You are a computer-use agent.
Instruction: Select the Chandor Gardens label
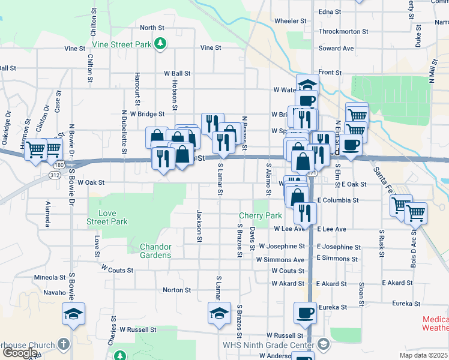pyautogui.click(x=155, y=251)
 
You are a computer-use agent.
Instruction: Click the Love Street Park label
pyautogui.click(x=108, y=218)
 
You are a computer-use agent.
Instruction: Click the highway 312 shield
pyautogui.click(x=53, y=175)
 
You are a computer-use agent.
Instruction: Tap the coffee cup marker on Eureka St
pyautogui.click(x=305, y=313)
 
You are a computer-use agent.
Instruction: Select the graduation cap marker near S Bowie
pyautogui.click(x=74, y=314)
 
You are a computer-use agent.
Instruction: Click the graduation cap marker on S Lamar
pyautogui.click(x=219, y=313)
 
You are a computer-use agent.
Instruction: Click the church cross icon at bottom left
pyautogui.click(x=64, y=344)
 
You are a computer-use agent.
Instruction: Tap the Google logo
pyautogui.click(x=20, y=353)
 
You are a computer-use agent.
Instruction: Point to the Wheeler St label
pyautogui.click(x=291, y=21)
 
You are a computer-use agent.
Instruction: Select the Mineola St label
pyautogui.click(x=50, y=278)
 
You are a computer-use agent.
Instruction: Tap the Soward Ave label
pyautogui.click(x=336, y=49)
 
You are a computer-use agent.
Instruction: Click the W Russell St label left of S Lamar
pyautogui.click(x=137, y=329)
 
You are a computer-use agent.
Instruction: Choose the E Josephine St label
pyautogui.click(x=339, y=247)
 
